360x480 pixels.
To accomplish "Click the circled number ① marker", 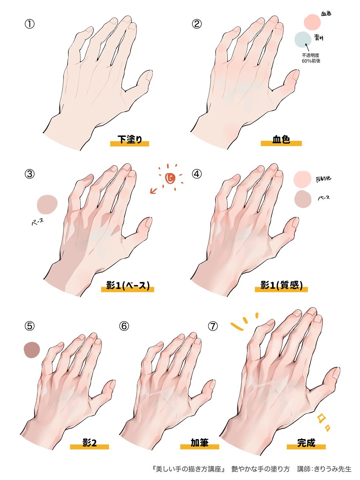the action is click(30, 24).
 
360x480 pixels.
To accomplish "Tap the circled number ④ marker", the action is click(196, 174).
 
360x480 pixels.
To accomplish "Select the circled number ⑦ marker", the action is click(213, 326).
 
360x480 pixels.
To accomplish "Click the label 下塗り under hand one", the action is click(130, 140).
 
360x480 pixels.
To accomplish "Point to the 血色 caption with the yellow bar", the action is click(281, 140).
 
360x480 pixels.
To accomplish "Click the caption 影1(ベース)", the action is click(128, 286).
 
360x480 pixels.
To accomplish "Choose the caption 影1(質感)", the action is click(281, 286).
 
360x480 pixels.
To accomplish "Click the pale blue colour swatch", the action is click(303, 40).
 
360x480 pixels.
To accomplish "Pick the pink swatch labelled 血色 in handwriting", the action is click(312, 22).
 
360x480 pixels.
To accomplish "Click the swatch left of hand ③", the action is click(48, 204).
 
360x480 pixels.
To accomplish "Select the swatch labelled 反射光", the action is click(302, 179).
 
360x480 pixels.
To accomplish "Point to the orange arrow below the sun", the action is click(154, 191).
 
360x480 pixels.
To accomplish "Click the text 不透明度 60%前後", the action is click(311, 58).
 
